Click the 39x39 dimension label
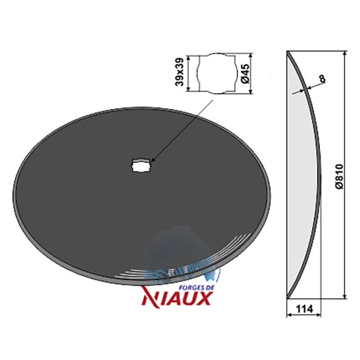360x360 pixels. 179,72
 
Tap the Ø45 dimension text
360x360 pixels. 245,73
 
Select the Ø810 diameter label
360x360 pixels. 339,176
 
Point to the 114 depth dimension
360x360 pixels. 304,309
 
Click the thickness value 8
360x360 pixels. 323,78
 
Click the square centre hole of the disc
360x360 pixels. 140,165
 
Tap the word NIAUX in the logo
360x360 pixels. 176,298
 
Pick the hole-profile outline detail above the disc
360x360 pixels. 217,73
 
